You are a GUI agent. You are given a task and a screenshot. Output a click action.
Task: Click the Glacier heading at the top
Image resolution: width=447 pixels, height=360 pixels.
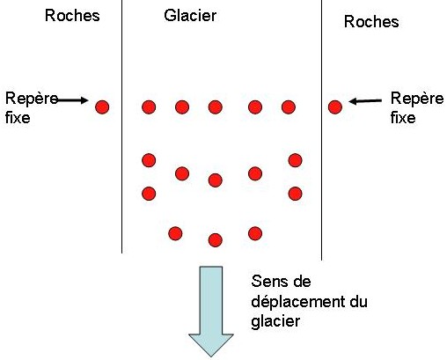[190, 16]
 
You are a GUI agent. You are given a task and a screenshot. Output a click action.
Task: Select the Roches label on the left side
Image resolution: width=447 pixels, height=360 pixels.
[73, 16]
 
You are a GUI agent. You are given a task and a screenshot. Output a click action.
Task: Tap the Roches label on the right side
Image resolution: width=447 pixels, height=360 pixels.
[371, 22]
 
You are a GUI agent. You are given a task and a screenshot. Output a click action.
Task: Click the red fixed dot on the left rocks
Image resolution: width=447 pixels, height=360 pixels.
[102, 107]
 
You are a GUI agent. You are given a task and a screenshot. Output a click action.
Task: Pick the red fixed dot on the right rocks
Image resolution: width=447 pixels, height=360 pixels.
[334, 107]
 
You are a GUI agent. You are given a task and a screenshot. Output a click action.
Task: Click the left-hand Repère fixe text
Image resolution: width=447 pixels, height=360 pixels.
[26, 107]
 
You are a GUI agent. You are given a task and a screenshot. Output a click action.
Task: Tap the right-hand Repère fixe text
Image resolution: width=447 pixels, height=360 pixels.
[412, 107]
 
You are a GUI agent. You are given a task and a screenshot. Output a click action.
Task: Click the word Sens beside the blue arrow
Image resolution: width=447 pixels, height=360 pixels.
[268, 283]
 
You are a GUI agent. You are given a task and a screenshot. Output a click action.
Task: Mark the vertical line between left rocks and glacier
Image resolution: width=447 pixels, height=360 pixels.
[121, 132]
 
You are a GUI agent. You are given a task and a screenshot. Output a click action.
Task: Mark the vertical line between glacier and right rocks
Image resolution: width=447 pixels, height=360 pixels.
[321, 132]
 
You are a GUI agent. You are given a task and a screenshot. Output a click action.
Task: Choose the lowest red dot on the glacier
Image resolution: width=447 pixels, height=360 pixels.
[215, 239]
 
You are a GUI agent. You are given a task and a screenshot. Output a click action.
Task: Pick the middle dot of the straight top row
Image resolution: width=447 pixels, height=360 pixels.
[215, 107]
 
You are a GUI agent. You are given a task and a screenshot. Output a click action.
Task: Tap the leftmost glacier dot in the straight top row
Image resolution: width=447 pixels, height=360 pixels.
[149, 107]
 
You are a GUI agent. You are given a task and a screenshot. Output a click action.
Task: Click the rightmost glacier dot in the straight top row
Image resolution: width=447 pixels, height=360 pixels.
[288, 107]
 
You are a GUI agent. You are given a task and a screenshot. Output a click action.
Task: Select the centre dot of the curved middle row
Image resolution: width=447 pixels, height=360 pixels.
[215, 180]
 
